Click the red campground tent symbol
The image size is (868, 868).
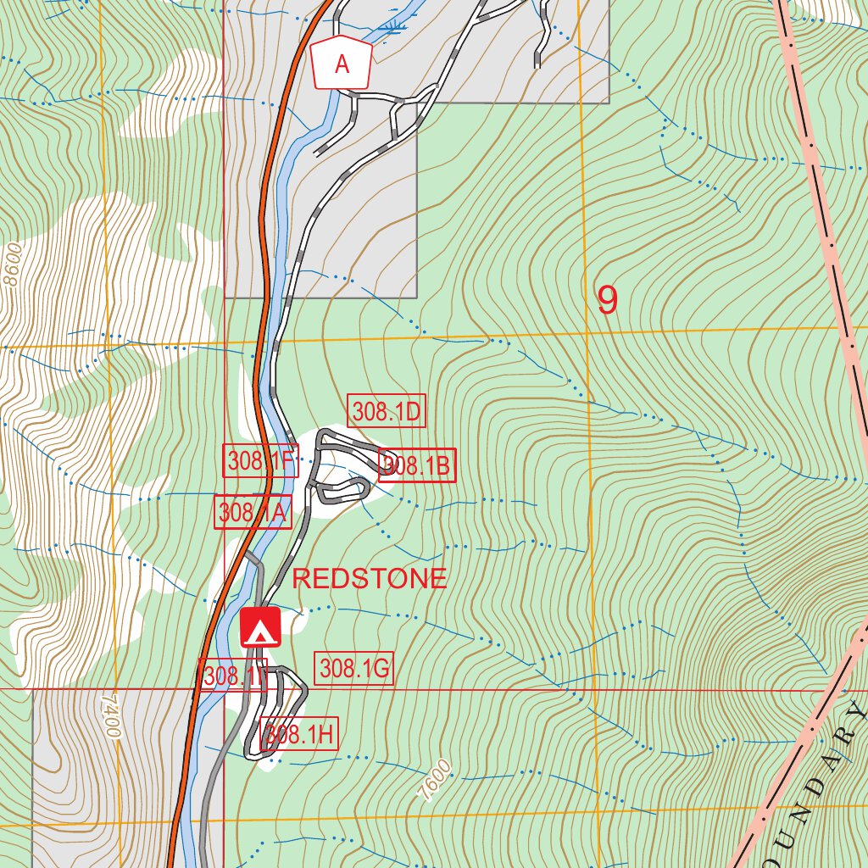click(x=260, y=627)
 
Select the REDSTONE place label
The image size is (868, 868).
click(x=369, y=579)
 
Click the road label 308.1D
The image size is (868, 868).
click(x=387, y=412)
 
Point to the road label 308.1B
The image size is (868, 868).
click(x=417, y=465)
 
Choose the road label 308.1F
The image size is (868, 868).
click(x=259, y=461)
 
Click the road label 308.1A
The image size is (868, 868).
click(x=253, y=512)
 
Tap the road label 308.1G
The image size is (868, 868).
click(x=354, y=669)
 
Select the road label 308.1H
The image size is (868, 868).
click(x=299, y=734)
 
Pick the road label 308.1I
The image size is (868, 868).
click(x=233, y=676)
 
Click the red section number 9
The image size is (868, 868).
click(x=607, y=300)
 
